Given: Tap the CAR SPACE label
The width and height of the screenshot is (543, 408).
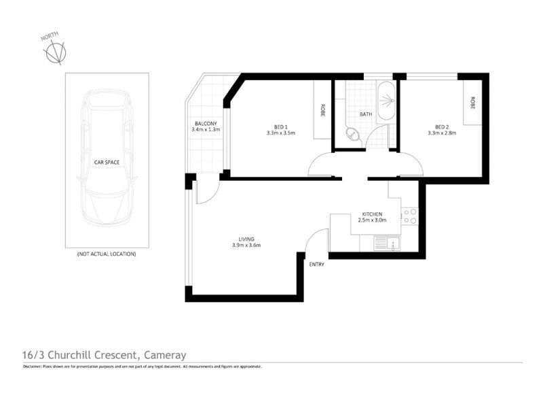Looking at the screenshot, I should point(107,163).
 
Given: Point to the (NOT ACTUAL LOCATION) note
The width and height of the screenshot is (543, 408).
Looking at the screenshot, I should point(107,254).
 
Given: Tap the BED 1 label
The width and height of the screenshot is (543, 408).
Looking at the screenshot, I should point(281,126).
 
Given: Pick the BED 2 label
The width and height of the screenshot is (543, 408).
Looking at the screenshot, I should point(442,126).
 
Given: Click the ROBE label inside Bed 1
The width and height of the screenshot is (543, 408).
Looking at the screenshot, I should point(322,109).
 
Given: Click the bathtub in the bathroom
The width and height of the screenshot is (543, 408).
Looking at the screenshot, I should point(385,101).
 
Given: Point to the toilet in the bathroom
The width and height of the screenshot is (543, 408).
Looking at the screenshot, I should point(353,133).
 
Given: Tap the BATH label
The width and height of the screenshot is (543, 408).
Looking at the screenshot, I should point(366,114).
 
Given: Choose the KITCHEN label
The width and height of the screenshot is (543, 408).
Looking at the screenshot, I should point(371,214).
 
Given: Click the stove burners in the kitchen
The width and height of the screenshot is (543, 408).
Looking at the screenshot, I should point(409,216).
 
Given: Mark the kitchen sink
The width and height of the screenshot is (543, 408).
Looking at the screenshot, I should point(389,243).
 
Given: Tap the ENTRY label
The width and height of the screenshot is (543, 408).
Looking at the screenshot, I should point(316,265).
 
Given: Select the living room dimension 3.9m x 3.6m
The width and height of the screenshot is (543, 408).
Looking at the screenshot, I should point(246,245).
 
